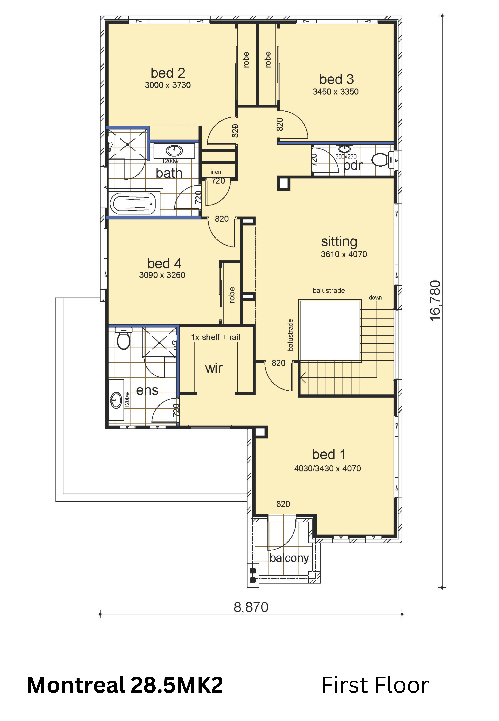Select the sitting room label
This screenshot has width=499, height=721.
tap(339, 242)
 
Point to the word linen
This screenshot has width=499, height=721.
tap(215, 172)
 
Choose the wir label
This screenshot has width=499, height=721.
tap(214, 368)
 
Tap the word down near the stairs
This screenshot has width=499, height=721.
tap(375, 297)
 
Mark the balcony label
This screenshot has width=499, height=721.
tap(289, 558)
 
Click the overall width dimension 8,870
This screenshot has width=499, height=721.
tap(251, 607)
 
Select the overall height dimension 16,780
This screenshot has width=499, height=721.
tap(435, 301)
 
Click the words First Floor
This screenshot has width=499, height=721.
tap(375, 685)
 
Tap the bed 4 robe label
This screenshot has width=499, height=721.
tap(232, 295)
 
